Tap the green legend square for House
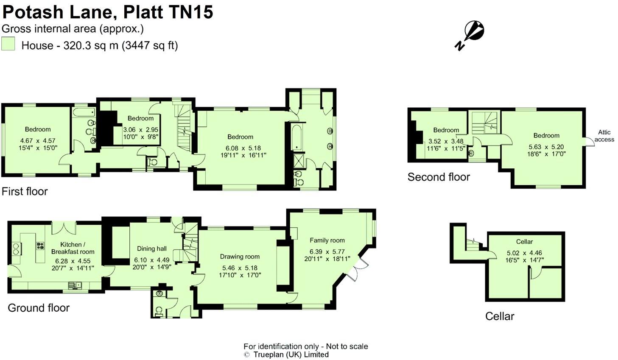pyautogui.click(x=8, y=44)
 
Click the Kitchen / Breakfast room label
pyautogui.click(x=73, y=248)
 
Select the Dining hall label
pyautogui.click(x=151, y=249)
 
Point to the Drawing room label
pyautogui.click(x=240, y=257)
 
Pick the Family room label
pyautogui.click(x=327, y=240)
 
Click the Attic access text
pyautogui.click(x=604, y=136)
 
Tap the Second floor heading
pyautogui.click(x=439, y=177)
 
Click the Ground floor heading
pyautogui.click(x=39, y=307)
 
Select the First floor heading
pyautogui.click(x=25, y=191)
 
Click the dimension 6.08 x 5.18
pyautogui.click(x=240, y=148)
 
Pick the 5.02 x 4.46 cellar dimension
pyautogui.click(x=524, y=253)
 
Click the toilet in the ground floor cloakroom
pyautogui.click(x=159, y=312)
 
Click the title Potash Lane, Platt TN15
pyautogui.click(x=108, y=12)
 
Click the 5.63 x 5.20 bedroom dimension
pyautogui.click(x=546, y=147)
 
